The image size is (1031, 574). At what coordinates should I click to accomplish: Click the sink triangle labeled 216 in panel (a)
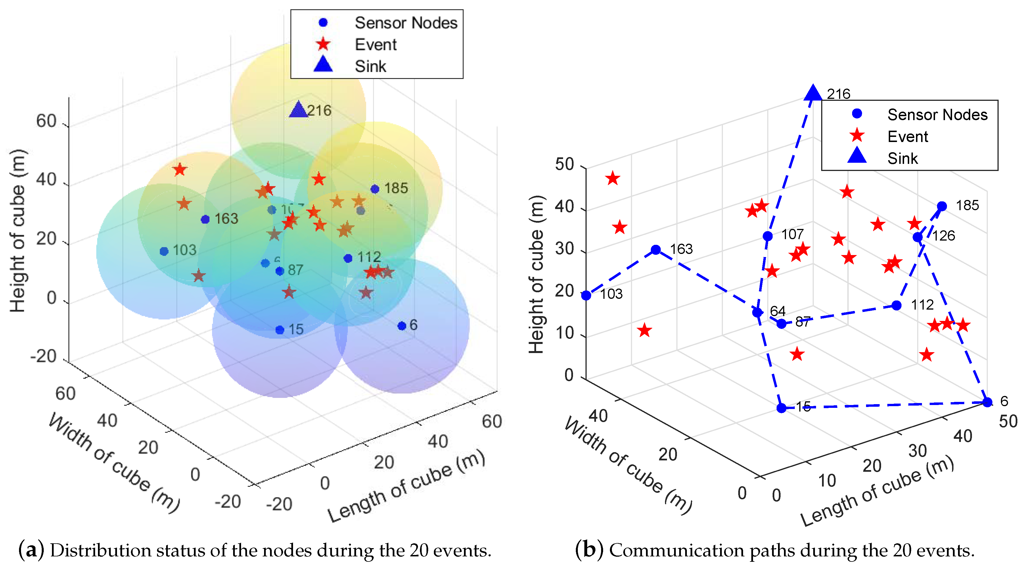(298, 110)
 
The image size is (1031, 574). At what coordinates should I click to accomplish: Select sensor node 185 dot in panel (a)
(375, 189)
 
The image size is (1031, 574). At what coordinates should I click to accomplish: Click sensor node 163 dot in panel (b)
(656, 250)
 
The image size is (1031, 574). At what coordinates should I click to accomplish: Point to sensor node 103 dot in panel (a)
(164, 251)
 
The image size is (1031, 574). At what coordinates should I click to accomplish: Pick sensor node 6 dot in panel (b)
(987, 402)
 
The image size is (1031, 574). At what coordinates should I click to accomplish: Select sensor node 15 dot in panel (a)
(280, 330)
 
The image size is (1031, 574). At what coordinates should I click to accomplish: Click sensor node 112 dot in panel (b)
(896, 305)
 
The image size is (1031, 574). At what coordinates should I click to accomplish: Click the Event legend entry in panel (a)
(375, 44)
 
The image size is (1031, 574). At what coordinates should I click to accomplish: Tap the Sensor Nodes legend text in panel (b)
(937, 115)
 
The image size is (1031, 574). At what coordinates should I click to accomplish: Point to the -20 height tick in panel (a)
(44, 356)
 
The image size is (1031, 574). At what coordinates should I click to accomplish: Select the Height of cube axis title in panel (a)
(18, 231)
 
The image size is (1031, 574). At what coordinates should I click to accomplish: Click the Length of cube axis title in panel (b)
(877, 492)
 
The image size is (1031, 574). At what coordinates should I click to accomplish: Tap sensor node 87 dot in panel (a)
(280, 271)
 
